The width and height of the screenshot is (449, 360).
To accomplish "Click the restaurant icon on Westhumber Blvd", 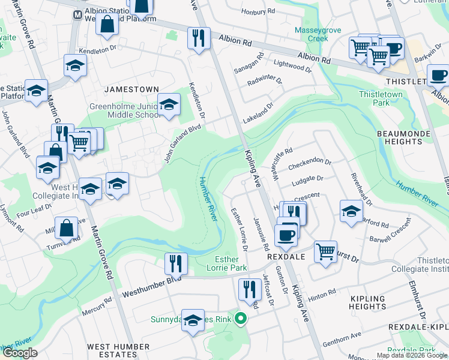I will point(175,263).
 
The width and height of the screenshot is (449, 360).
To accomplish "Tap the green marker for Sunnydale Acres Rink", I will point(241,318).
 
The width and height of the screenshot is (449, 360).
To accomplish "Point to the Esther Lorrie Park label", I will point(231,263).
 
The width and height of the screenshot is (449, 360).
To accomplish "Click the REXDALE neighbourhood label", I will point(287,256).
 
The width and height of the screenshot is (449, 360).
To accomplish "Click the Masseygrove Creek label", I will point(311,34).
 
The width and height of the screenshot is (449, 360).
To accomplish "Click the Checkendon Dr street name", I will point(309,163).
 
